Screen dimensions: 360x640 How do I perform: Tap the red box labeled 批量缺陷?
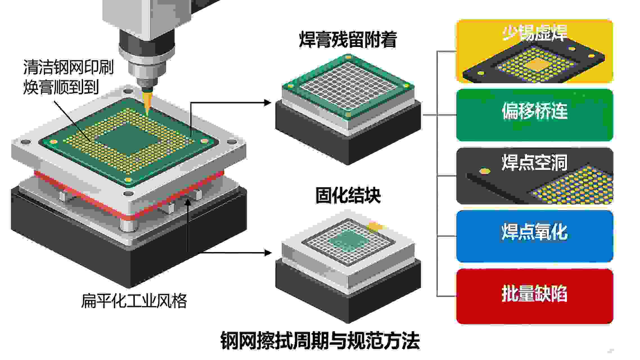pyautogui.click(x=534, y=296)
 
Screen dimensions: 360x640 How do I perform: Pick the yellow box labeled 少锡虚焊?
pyautogui.click(x=534, y=51)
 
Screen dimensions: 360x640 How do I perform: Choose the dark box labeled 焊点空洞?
pyautogui.click(x=534, y=175)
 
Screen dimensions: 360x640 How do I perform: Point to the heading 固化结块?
pyautogui.click(x=348, y=195)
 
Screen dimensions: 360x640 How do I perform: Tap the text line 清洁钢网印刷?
pyautogui.click(x=68, y=67)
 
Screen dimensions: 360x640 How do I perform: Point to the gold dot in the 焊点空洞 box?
pyautogui.click(x=484, y=171)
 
